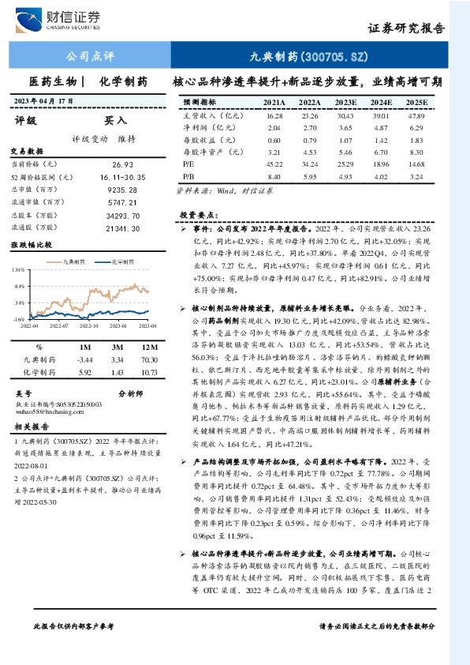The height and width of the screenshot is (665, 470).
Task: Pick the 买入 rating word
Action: point(116,120)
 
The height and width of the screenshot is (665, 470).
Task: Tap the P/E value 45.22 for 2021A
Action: point(274,163)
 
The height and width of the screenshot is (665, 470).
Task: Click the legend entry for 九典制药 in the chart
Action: point(76,260)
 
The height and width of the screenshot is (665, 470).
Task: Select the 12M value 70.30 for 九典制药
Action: point(147,359)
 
